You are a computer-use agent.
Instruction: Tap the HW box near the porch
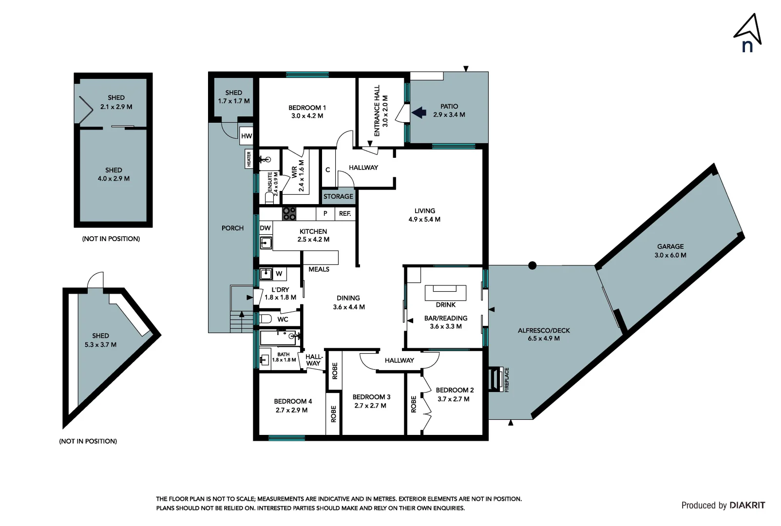tap(247, 136)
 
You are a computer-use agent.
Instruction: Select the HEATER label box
tap(248, 159)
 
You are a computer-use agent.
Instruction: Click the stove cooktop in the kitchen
tap(289, 213)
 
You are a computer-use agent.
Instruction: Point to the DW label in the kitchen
tap(265, 228)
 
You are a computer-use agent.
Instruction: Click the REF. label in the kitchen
tap(345, 213)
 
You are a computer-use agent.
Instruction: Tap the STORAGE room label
tap(338, 196)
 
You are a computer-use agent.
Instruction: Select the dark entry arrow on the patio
tap(419, 113)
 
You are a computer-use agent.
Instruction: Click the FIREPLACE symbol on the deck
tap(496, 378)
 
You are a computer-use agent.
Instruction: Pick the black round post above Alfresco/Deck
tap(533, 265)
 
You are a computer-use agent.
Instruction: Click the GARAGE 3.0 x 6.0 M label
tap(670, 251)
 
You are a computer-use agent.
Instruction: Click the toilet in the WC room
tap(266, 319)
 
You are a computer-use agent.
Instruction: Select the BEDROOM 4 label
tap(292, 406)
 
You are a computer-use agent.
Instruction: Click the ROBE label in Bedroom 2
tap(414, 404)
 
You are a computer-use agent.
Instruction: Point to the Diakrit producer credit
tap(723, 505)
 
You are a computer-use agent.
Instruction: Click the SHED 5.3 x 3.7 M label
tap(100, 340)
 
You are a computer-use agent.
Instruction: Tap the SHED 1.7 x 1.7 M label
tap(233, 96)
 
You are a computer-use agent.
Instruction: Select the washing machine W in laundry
tap(279, 274)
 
